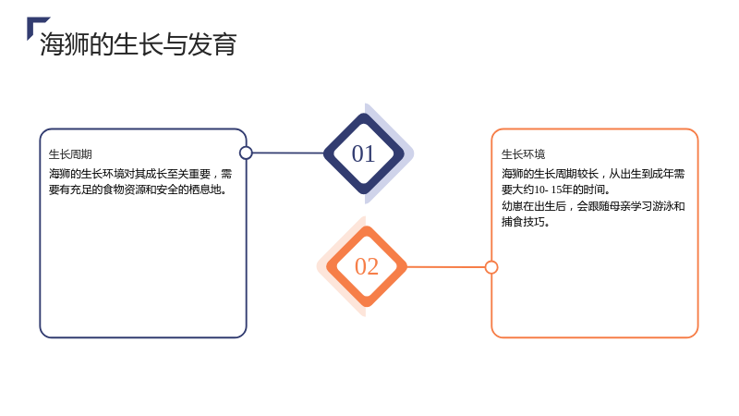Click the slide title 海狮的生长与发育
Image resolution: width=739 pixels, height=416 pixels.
pyautogui.click(x=138, y=44)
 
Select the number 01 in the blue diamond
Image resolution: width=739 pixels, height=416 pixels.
pyautogui.click(x=363, y=153)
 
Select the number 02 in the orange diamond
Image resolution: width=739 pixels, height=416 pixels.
pyautogui.click(x=366, y=266)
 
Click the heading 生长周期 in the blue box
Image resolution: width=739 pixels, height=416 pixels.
pyautogui.click(x=70, y=154)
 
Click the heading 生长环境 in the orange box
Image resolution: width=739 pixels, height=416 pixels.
pyautogui.click(x=523, y=154)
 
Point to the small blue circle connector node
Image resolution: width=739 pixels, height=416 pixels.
pyautogui.click(x=246, y=153)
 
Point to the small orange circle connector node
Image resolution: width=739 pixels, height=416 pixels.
pyautogui.click(x=491, y=267)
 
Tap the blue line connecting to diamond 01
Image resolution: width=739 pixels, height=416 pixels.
pyautogui.click(x=288, y=153)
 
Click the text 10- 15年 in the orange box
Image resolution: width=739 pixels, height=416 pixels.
pyautogui.click(x=552, y=190)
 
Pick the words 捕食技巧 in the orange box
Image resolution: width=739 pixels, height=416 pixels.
pyautogui.click(x=523, y=222)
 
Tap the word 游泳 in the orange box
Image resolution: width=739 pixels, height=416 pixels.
pyautogui.click(x=663, y=206)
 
